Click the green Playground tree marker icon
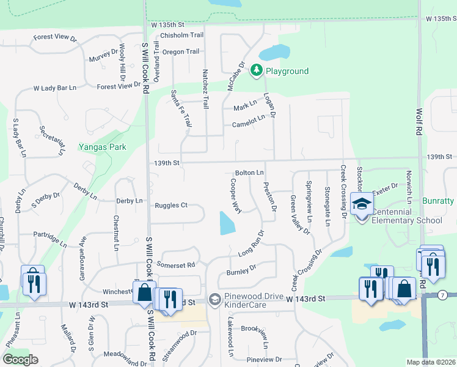click(x=257, y=71)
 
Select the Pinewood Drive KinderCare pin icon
click(x=214, y=300)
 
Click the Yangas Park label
click(x=103, y=147)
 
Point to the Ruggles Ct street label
click(x=171, y=206)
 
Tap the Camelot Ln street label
click(x=248, y=125)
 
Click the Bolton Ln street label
click(x=249, y=173)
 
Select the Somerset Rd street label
click(x=175, y=265)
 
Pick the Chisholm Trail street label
click(x=181, y=35)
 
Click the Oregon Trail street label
click(x=181, y=52)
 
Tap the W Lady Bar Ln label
click(x=55, y=88)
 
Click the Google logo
click(x=20, y=360)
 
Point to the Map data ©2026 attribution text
click(x=431, y=362)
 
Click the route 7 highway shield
click(x=442, y=295)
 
